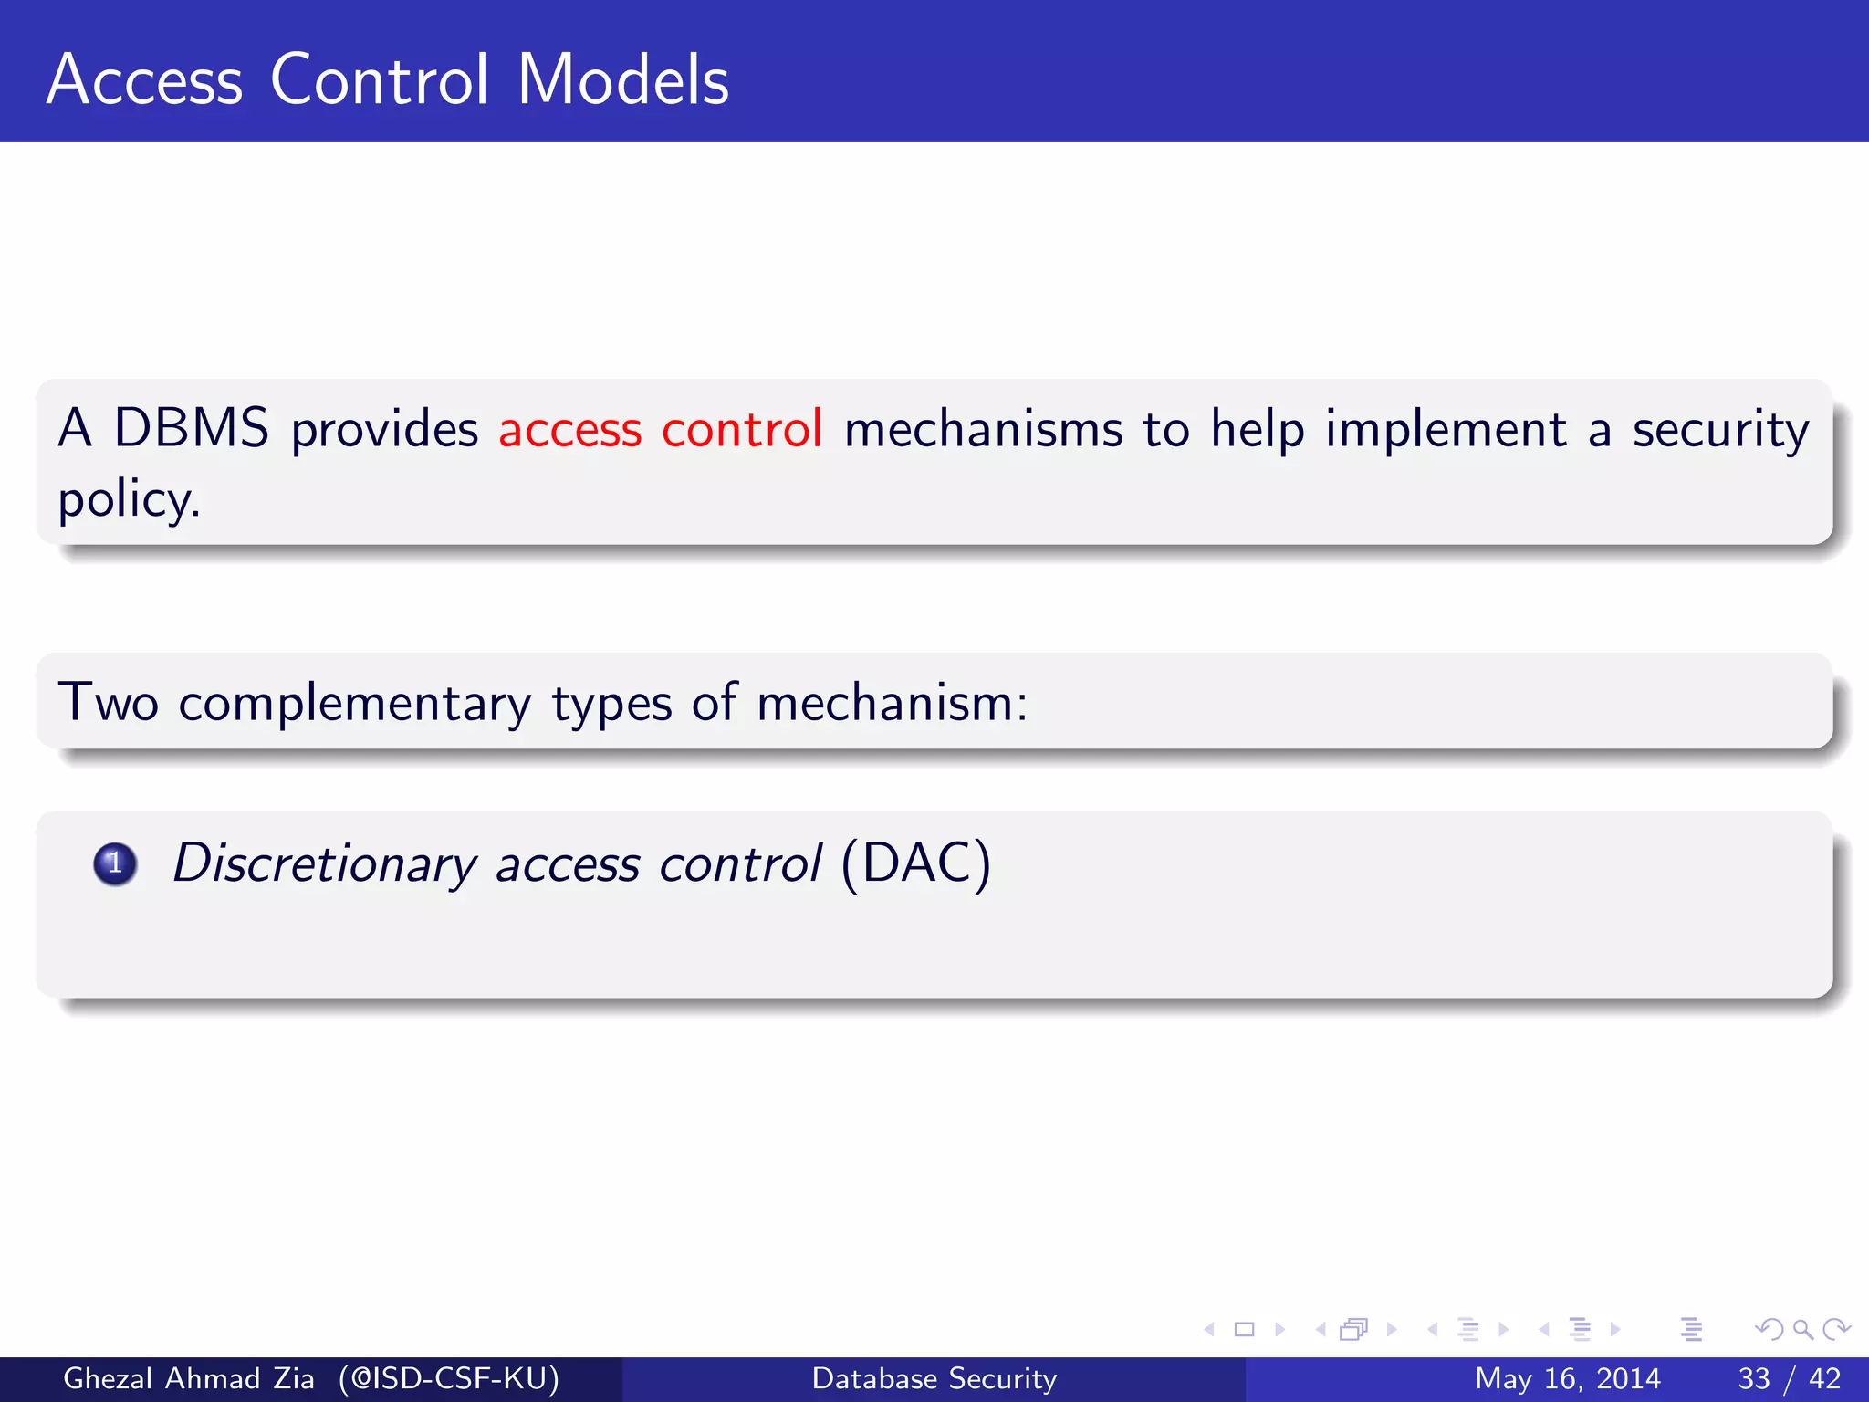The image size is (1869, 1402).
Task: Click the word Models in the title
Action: pyautogui.click(x=623, y=80)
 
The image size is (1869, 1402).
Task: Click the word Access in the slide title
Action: pyautogui.click(x=145, y=80)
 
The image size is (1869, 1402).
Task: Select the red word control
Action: pyautogui.click(x=741, y=429)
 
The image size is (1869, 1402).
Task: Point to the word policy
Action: pyautogui.click(x=128, y=500)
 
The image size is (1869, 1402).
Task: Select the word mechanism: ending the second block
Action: pyautogui.click(x=892, y=703)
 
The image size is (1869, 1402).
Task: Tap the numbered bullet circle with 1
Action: pyautogui.click(x=115, y=863)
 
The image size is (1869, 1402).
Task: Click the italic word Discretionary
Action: pyautogui.click(x=324, y=863)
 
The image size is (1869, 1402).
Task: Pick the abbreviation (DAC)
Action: pyautogui.click(x=915, y=863)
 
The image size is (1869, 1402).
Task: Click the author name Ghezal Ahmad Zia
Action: pyautogui.click(x=188, y=1378)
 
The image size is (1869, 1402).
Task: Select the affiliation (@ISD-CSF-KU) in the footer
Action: pyautogui.click(x=448, y=1378)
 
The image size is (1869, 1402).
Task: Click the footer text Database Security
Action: pyautogui.click(x=934, y=1378)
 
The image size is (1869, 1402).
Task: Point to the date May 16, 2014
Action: pyautogui.click(x=1567, y=1378)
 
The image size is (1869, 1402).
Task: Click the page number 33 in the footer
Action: pyautogui.click(x=1754, y=1378)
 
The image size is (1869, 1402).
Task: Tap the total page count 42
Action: pyautogui.click(x=1824, y=1378)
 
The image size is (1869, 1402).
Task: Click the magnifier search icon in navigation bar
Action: pyautogui.click(x=1802, y=1329)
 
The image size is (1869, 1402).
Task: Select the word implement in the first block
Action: pyautogui.click(x=1446, y=429)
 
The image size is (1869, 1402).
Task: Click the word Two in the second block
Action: pyautogui.click(x=108, y=703)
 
